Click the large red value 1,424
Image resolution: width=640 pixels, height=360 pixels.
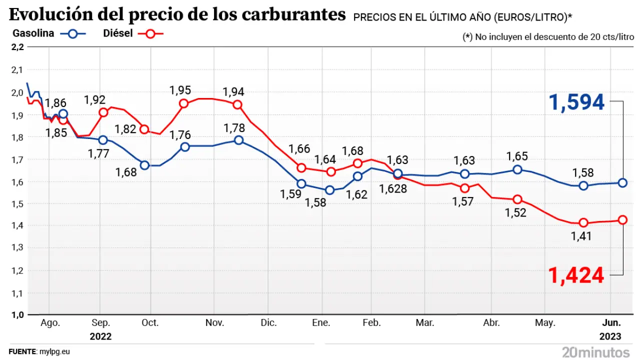576,275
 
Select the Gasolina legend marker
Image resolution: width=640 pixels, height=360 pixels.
73,34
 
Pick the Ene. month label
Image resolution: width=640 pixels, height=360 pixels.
321,323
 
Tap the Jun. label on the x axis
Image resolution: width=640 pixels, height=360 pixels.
610,323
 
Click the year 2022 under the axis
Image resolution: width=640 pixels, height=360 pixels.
100,336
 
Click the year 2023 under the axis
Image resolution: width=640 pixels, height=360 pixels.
610,336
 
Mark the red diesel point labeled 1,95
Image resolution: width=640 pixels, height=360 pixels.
183,103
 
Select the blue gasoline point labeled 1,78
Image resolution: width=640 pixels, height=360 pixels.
238,140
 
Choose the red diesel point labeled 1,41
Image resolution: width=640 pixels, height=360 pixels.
583,222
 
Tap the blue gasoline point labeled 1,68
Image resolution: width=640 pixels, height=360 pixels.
145,165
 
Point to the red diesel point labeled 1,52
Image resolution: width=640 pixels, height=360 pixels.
517,199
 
